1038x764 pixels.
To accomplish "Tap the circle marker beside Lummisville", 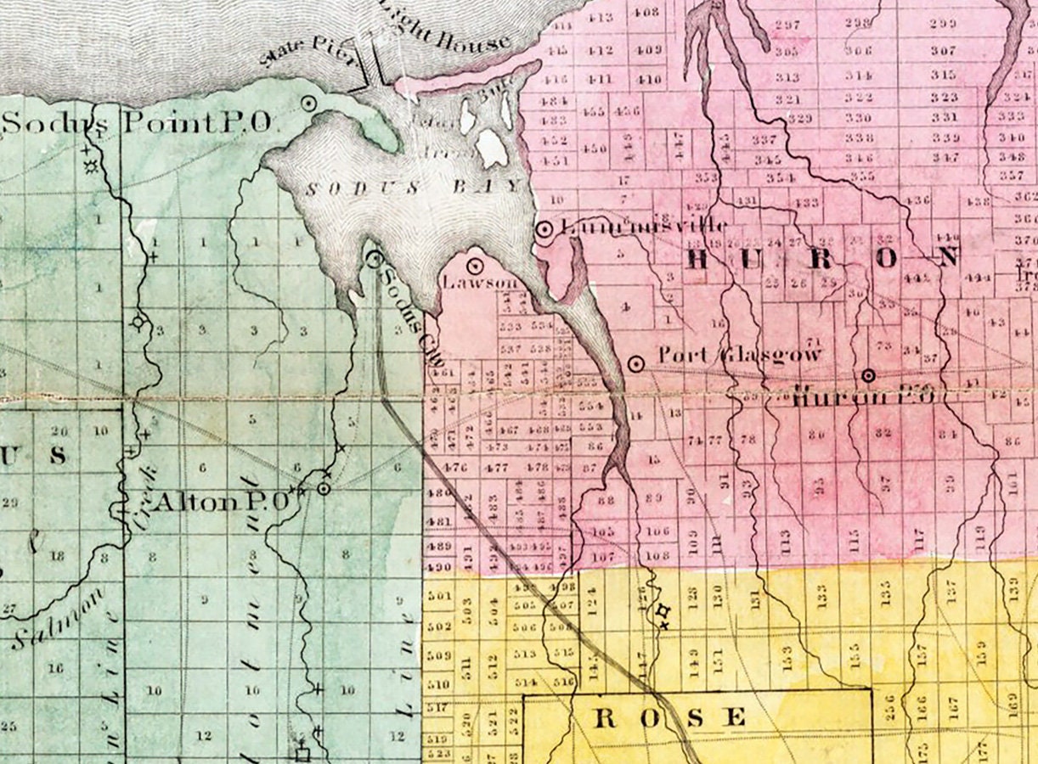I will [x=544, y=228].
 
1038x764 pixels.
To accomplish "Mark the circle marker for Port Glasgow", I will [x=635, y=363].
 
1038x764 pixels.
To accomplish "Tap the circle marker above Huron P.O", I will [x=868, y=375].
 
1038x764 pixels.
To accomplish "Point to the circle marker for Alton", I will [x=324, y=489].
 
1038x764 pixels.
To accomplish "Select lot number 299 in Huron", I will [x=943, y=23].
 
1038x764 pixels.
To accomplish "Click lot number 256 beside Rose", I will [x=889, y=706].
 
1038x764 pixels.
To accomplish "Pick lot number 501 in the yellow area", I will [x=438, y=596].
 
